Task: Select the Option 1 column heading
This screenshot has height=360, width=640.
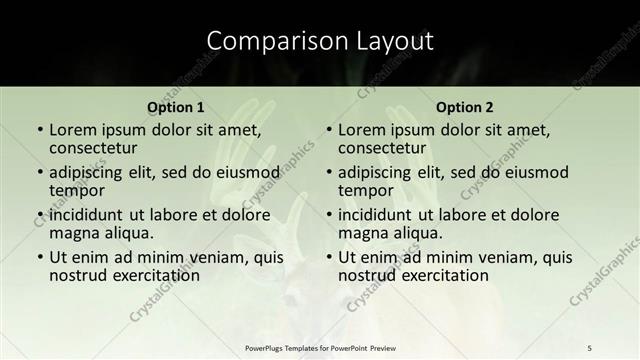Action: [176, 107]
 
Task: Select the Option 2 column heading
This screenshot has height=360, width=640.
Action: [465, 107]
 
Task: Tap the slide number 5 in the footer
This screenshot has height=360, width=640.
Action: [590, 347]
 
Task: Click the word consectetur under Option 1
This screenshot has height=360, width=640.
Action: [96, 149]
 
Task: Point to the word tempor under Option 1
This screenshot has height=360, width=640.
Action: [77, 191]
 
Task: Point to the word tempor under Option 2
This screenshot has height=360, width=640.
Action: [366, 191]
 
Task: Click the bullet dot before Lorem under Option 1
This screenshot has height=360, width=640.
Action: [39, 131]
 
